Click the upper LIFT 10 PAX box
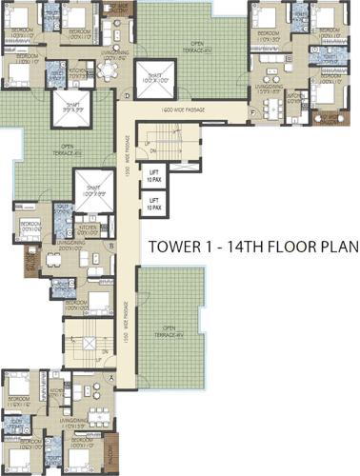point(153,175)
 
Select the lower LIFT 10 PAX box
point(153,202)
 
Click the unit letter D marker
point(126,94)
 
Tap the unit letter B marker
point(111,246)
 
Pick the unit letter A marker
point(111,378)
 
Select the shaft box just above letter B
point(94,191)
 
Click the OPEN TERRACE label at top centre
point(199,44)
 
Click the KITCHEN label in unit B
point(89,228)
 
